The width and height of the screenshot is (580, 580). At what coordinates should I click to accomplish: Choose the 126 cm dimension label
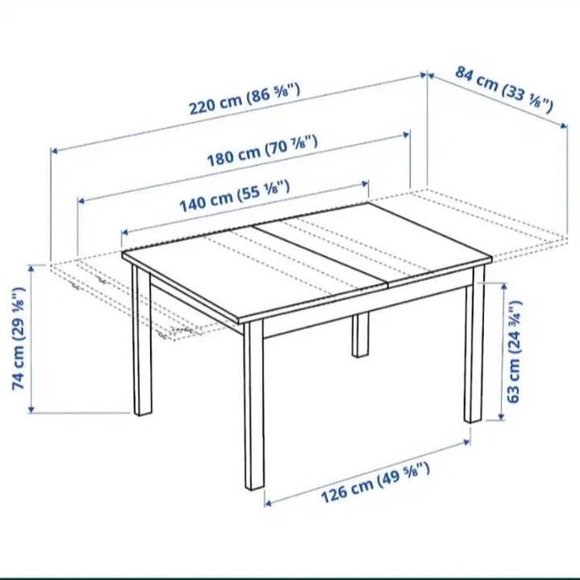click(376, 486)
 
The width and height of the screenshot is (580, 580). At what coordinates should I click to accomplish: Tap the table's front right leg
click(473, 348)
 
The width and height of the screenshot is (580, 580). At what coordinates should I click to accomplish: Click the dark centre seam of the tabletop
click(323, 257)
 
